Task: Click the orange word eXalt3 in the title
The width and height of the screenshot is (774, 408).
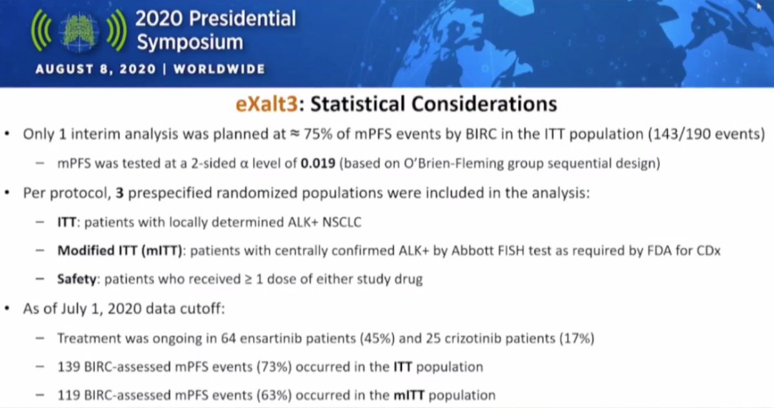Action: pos(266,104)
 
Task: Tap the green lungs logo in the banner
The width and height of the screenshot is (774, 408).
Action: pos(79,31)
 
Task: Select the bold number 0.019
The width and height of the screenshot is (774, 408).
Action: pos(318,163)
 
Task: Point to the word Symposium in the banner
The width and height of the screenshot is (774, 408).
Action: pos(190,43)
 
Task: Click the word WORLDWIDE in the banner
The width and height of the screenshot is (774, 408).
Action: pos(219,69)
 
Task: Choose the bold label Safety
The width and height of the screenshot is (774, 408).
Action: pos(77,279)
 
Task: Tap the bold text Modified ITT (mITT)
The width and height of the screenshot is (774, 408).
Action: pos(119,251)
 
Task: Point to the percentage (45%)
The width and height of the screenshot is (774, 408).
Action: pos(377,338)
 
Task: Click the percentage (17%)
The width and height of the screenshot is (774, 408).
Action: pos(577,338)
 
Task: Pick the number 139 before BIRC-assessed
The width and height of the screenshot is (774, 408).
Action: pos(69,367)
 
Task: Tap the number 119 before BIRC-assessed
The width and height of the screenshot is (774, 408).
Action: pos(69,395)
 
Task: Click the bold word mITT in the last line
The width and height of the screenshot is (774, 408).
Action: pos(409,395)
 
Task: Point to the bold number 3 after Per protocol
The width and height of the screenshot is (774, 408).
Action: pos(119,193)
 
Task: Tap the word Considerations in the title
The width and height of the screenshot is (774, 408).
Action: pos(484,104)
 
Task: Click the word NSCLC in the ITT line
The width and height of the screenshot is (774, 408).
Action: pos(342,222)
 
